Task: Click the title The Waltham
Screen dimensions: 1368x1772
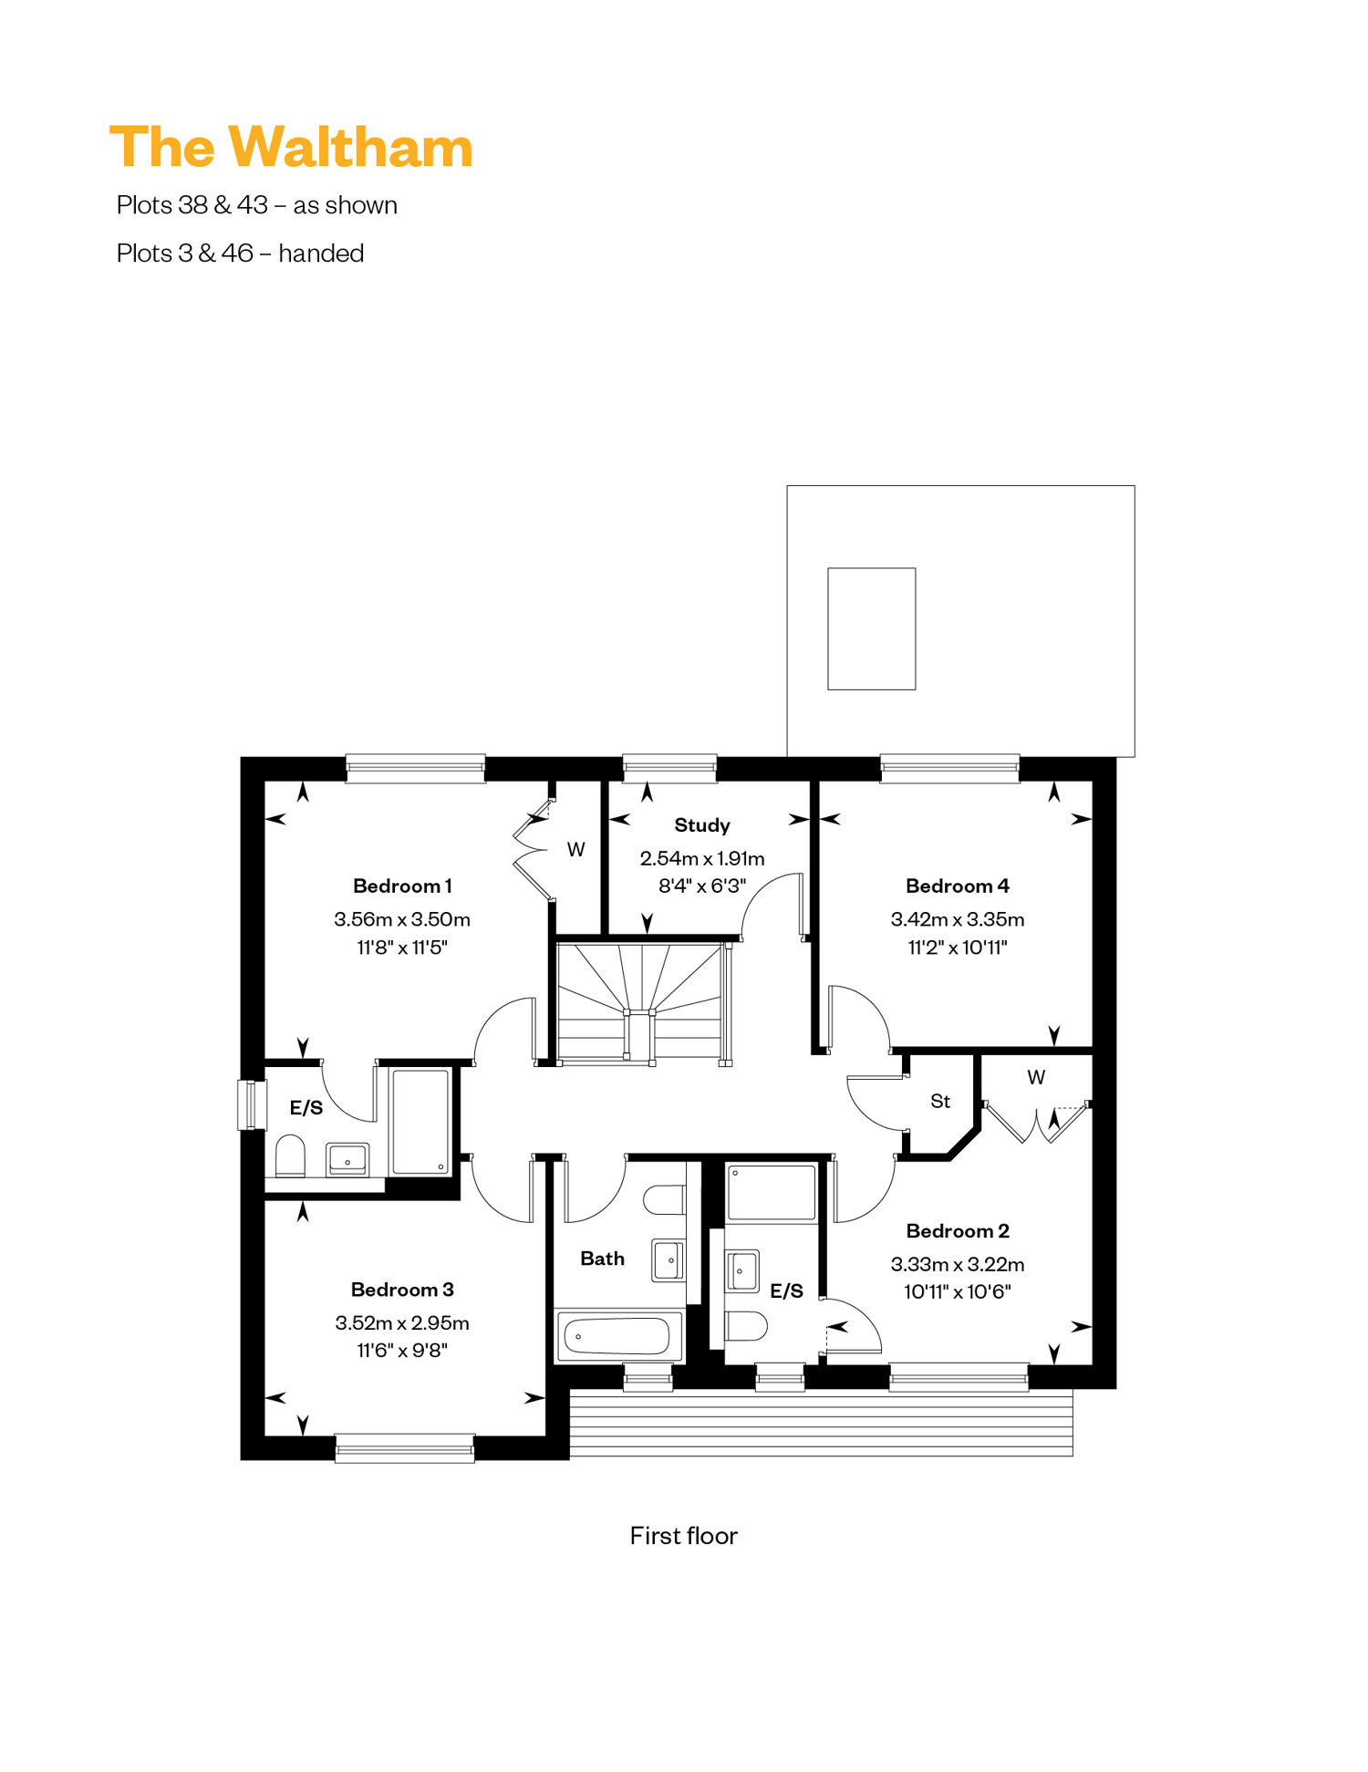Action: tap(291, 148)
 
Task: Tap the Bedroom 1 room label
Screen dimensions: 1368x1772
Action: tap(402, 886)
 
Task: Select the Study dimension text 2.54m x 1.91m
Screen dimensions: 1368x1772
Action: tap(702, 858)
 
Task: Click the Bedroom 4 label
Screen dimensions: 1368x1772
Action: tap(958, 886)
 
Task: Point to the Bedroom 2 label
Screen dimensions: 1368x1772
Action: tap(958, 1230)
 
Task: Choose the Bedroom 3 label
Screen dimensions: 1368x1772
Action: tap(402, 1289)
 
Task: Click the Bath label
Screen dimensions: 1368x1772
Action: tap(602, 1259)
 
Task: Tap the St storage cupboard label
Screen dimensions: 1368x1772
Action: tap(940, 1101)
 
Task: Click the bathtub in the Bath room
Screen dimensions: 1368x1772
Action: tap(619, 1336)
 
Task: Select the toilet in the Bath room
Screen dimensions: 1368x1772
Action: tap(665, 1199)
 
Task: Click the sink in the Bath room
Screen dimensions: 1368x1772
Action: tap(668, 1260)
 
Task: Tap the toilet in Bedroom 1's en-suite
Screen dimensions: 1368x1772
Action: tap(290, 1155)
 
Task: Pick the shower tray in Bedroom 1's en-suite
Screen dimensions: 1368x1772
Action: tap(420, 1121)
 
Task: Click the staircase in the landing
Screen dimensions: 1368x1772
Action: tap(644, 1002)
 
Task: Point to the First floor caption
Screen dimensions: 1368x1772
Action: tap(683, 1536)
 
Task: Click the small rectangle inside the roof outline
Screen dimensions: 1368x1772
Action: tap(871, 628)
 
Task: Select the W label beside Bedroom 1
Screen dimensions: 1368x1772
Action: tap(575, 849)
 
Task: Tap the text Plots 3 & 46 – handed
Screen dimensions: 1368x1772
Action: tap(240, 253)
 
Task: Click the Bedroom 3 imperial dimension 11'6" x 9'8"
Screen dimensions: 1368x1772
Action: tap(402, 1350)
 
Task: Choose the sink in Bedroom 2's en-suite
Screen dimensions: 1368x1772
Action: tap(741, 1270)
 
